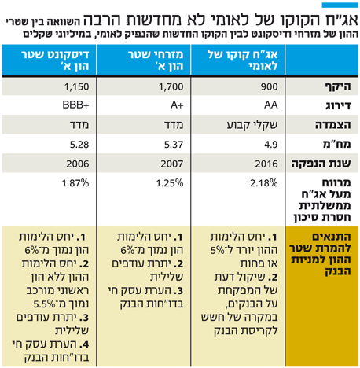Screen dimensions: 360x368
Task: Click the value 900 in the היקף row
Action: (269, 86)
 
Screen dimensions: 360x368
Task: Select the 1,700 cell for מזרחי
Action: (171, 86)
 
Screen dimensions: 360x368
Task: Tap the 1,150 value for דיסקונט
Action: (76, 86)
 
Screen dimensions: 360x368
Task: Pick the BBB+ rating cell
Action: (75, 105)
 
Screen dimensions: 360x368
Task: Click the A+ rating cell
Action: (177, 105)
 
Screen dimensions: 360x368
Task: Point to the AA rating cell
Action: (271, 105)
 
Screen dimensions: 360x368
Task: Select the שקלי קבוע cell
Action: (252, 125)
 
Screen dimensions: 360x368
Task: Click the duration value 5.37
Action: (174, 145)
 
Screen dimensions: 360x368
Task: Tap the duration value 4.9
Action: (271, 145)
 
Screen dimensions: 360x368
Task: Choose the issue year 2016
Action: (266, 164)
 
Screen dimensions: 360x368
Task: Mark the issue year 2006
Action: (78, 164)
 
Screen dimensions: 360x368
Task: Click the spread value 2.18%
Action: (264, 183)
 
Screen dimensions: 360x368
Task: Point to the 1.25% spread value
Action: (170, 183)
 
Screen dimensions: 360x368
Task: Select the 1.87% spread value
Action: (75, 183)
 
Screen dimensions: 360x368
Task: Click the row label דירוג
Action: (338, 105)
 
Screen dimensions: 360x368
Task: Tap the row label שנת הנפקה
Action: (321, 164)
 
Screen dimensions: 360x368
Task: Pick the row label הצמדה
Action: (332, 125)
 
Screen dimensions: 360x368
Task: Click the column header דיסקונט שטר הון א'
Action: (55, 61)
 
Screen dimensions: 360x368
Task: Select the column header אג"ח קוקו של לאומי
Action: (243, 61)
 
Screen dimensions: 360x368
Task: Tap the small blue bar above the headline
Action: (340, 6)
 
